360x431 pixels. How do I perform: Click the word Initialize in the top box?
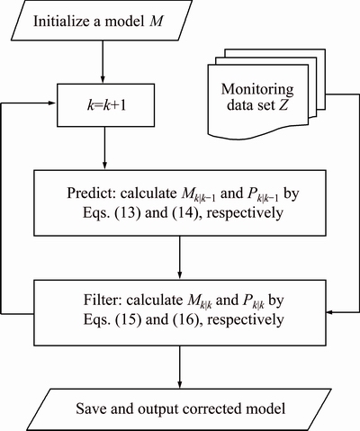[x=59, y=22]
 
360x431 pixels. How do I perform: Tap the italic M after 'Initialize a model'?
[x=156, y=22]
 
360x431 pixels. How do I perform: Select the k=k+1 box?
[x=106, y=105]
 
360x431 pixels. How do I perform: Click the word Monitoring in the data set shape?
[x=257, y=89]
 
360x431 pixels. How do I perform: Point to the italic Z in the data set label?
[x=283, y=105]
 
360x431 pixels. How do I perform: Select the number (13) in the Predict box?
[x=128, y=213]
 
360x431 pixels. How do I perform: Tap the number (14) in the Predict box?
[x=184, y=213]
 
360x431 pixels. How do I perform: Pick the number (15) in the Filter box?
[x=129, y=319]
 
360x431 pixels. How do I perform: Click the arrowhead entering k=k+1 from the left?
[x=51, y=103]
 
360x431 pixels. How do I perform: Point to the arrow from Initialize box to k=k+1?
[x=103, y=62]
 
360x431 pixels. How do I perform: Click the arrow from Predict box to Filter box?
[x=180, y=258]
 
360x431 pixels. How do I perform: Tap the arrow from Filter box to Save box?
[x=180, y=367]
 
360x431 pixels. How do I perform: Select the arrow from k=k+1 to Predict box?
[x=104, y=148]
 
